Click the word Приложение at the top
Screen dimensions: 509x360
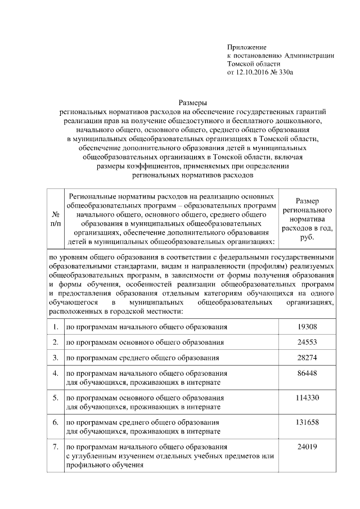click(x=246, y=47)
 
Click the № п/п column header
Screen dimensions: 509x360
click(x=56, y=219)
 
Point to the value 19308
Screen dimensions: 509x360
click(x=307, y=326)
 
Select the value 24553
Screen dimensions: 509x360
click(x=307, y=342)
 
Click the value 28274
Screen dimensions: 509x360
click(x=307, y=358)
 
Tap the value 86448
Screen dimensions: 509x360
click(x=307, y=373)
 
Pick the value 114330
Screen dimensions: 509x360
click(x=307, y=397)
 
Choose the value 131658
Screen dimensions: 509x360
click(x=307, y=422)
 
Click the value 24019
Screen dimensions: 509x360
click(x=307, y=447)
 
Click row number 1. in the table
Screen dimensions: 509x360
click(x=56, y=326)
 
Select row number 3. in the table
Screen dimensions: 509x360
click(x=56, y=358)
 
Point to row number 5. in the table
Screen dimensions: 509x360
click(x=56, y=397)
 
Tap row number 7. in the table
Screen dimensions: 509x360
click(x=56, y=447)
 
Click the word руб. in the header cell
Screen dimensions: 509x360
click(x=307, y=237)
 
